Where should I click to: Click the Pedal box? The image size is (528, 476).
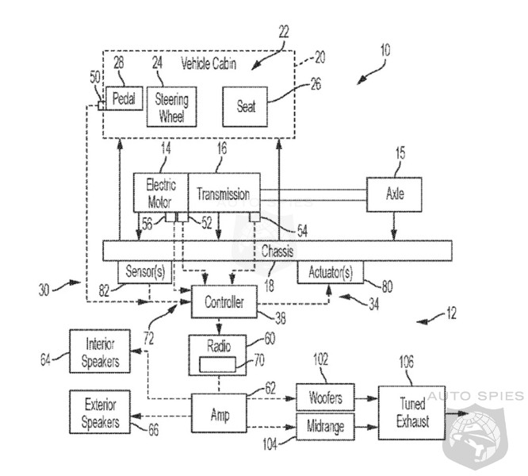click(x=124, y=100)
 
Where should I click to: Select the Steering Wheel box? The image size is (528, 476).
click(x=171, y=106)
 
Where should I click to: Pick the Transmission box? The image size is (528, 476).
click(x=224, y=193)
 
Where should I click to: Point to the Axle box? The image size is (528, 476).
click(x=393, y=194)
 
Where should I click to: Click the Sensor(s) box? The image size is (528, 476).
click(x=144, y=272)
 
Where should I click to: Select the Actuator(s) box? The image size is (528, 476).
click(x=331, y=272)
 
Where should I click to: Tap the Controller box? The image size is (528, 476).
click(x=224, y=301)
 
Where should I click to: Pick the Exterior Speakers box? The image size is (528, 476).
click(x=101, y=411)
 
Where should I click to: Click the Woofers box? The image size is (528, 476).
click(x=326, y=395)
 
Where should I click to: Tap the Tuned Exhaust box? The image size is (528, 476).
click(x=411, y=411)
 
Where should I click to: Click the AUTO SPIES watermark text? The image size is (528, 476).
click(x=473, y=395)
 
